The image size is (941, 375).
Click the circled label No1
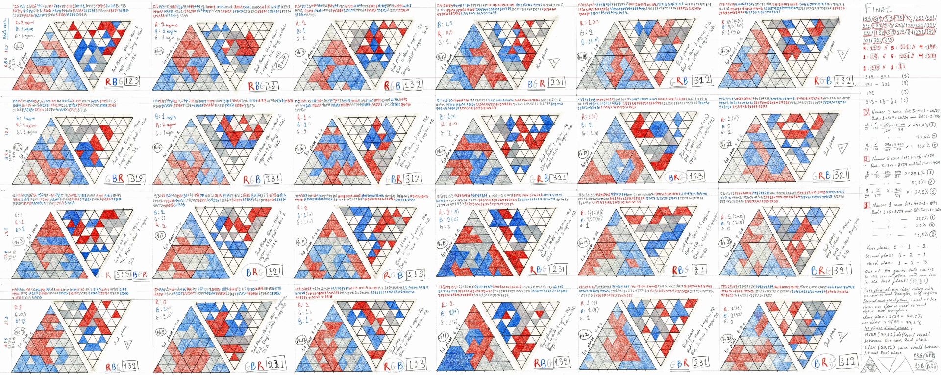[20, 47]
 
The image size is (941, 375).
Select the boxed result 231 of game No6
[273, 179]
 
